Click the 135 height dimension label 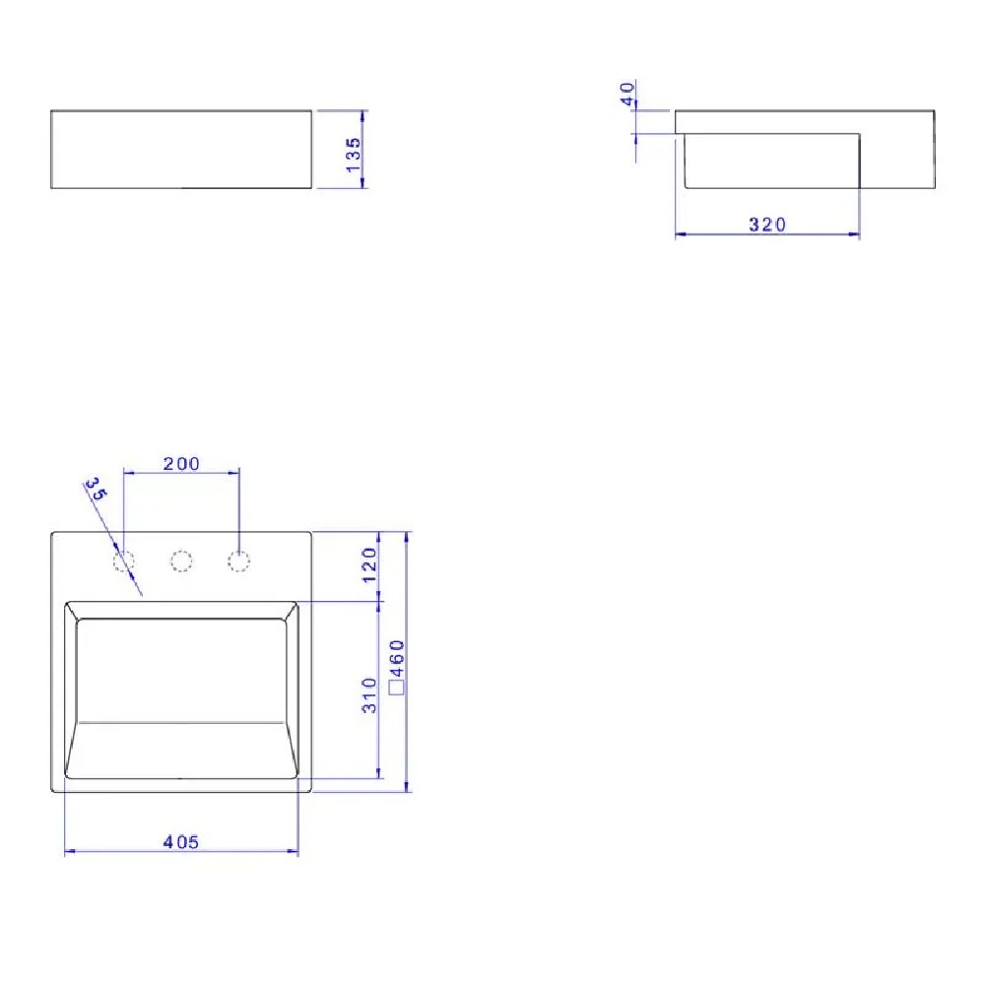pyautogui.click(x=354, y=156)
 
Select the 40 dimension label pyautogui.click(x=626, y=95)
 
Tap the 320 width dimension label pyautogui.click(x=767, y=225)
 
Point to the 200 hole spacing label pyautogui.click(x=181, y=464)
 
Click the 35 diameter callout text pyautogui.click(x=97, y=489)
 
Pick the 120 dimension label pyautogui.click(x=369, y=564)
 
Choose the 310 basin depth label pyautogui.click(x=369, y=695)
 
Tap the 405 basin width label pyautogui.click(x=181, y=842)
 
